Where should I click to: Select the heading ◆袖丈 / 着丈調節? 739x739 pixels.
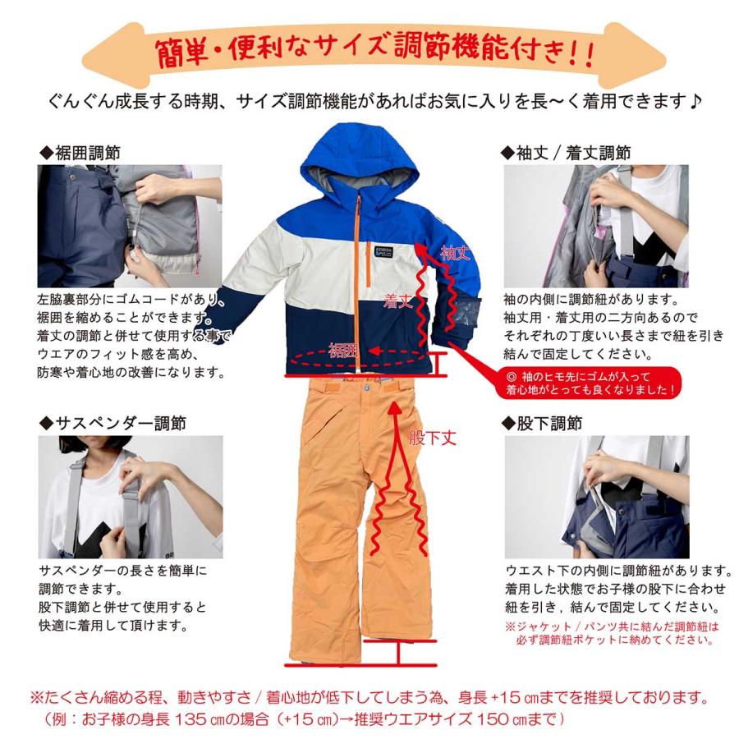(566, 153)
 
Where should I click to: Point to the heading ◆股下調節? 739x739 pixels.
(542, 424)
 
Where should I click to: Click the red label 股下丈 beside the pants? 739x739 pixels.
(432, 438)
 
